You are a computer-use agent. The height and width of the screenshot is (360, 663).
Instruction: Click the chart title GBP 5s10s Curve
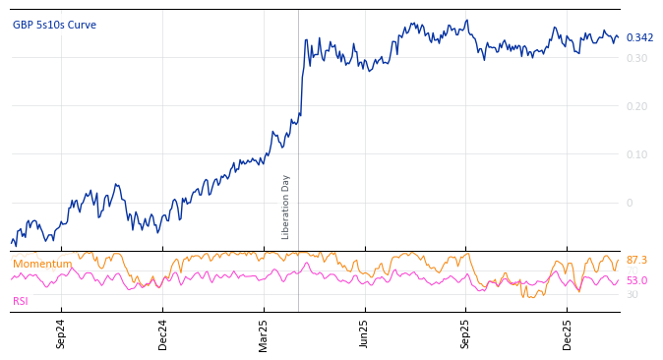click(54, 26)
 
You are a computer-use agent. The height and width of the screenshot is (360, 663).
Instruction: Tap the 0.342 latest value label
click(639, 38)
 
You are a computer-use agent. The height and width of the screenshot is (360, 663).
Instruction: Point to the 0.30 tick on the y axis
click(637, 58)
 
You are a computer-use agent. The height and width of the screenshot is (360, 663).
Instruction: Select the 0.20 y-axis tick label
click(637, 106)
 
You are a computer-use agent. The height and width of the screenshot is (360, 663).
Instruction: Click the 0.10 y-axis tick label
click(637, 154)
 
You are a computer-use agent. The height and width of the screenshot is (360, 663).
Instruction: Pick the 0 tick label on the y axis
click(631, 203)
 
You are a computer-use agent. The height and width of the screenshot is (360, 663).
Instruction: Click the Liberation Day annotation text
click(286, 207)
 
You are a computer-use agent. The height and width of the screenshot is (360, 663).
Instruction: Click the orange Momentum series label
click(42, 265)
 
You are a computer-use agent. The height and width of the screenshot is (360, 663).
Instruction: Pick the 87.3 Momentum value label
click(636, 261)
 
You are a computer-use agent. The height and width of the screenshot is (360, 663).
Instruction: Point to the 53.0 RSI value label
click(636, 281)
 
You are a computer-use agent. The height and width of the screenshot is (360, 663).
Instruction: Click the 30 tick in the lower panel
click(632, 295)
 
